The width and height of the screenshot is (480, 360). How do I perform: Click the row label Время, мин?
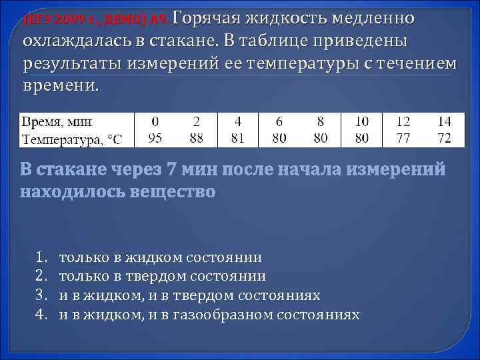58,122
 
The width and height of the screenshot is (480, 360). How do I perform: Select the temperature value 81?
238,139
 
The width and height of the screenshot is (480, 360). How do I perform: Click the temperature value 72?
443,139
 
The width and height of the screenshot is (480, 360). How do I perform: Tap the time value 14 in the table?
443,122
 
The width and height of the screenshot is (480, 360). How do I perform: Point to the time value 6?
279,122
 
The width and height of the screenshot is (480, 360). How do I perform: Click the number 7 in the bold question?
173,169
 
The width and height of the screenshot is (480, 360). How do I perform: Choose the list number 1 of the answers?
39,257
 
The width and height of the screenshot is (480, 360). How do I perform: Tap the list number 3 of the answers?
39,295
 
